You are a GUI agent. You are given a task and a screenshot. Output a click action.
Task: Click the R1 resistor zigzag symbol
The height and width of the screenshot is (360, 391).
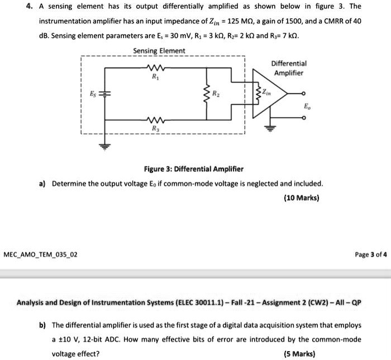(155, 68)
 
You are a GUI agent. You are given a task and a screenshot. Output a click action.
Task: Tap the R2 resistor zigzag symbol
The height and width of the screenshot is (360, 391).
(207, 93)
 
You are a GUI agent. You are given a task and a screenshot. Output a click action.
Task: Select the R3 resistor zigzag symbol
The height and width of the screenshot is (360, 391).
(155, 120)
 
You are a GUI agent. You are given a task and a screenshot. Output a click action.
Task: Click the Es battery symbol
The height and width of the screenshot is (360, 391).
(105, 93)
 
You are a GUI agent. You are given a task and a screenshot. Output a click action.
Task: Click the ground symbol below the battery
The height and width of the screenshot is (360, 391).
(105, 147)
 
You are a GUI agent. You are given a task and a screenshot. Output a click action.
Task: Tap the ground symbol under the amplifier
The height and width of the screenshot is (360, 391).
(270, 128)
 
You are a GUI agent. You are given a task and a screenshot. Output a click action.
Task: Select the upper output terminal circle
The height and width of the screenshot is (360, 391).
(303, 93)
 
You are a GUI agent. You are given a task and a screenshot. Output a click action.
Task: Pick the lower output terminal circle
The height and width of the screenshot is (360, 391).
(303, 118)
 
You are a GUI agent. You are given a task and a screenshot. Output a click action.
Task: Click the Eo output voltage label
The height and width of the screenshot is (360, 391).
(307, 107)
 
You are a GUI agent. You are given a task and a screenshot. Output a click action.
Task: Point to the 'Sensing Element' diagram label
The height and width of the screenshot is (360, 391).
(159, 51)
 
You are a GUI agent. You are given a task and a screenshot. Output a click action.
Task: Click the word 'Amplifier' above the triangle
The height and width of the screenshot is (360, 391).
(289, 73)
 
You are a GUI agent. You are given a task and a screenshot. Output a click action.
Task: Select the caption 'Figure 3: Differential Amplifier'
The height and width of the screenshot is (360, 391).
(193, 169)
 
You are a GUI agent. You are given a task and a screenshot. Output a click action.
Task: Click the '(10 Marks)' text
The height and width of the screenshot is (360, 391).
(302, 198)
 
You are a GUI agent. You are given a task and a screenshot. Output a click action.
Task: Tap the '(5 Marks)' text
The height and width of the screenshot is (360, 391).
(299, 354)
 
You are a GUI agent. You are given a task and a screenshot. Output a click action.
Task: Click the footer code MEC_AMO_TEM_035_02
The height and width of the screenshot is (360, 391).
(40, 255)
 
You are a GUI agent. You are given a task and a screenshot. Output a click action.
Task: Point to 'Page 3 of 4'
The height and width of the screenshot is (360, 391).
(371, 255)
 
